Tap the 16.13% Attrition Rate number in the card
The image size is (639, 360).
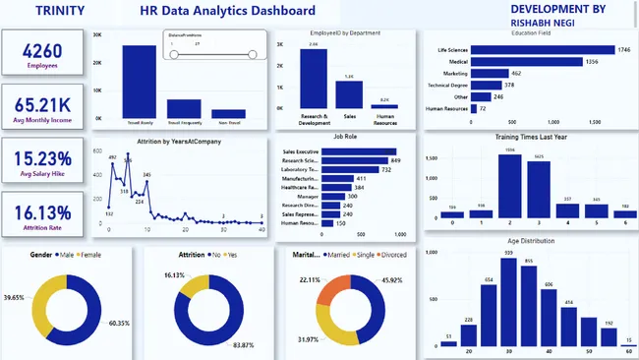pos(40,211)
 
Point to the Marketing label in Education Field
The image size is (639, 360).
pos(455,73)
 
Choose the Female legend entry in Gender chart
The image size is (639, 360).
pos(87,254)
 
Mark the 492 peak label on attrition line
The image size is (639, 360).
pos(113,156)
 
